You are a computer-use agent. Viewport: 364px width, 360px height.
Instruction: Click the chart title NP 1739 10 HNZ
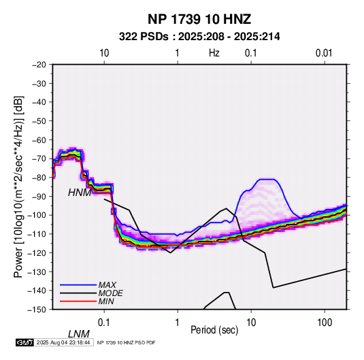coord(199,19)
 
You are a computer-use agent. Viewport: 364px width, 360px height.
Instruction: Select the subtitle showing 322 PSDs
coord(199,37)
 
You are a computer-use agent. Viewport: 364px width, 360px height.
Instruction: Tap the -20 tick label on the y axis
coord(39,65)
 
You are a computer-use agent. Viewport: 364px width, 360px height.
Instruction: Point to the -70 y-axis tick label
coord(39,159)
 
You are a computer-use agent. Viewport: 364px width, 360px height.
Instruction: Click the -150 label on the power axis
coord(37,310)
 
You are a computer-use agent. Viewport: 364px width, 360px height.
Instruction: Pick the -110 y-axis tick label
coord(37,234)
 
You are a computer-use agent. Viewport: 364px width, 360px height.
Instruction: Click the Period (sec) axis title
coord(214,330)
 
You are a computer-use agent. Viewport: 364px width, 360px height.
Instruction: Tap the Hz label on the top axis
coord(214,53)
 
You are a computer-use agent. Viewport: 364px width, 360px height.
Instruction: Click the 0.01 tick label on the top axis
coord(324,53)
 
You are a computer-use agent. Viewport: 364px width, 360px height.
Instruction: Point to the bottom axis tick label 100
coord(325,323)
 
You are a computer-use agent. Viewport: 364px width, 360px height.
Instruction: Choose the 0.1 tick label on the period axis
coord(104,323)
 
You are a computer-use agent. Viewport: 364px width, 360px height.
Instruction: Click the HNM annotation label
coord(80,193)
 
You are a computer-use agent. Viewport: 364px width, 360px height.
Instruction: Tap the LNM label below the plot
coord(79,334)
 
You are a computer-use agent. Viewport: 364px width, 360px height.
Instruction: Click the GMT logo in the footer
coord(24,342)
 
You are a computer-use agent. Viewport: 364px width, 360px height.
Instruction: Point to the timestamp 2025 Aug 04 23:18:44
coord(63,342)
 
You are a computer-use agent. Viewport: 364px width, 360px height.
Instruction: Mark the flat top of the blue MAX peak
coord(267,179)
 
